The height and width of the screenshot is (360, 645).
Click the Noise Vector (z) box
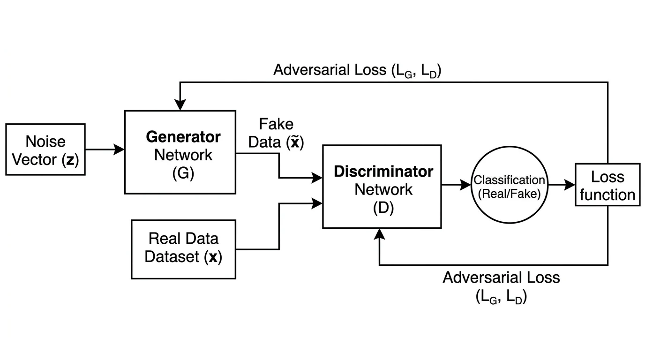pyautogui.click(x=45, y=150)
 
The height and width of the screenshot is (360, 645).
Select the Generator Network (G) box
pyautogui.click(x=180, y=152)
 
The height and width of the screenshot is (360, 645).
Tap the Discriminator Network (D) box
pyautogui.click(x=382, y=187)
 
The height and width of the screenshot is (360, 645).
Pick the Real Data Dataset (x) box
pyautogui.click(x=183, y=249)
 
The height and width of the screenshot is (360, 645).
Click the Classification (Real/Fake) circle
pyautogui.click(x=510, y=185)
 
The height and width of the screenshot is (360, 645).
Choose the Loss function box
pyautogui.click(x=607, y=185)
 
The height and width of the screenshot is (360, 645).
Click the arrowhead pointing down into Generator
pyautogui.click(x=180, y=105)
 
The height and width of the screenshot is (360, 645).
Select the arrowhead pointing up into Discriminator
pyautogui.click(x=379, y=233)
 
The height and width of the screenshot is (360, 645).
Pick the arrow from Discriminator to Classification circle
pyautogui.click(x=456, y=185)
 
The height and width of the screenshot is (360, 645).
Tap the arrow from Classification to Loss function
pyautogui.click(x=562, y=185)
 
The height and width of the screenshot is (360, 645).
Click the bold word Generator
pyautogui.click(x=183, y=137)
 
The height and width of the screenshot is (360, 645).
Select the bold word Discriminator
pyautogui.click(x=383, y=172)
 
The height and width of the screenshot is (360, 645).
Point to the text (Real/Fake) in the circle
pyautogui.click(x=510, y=193)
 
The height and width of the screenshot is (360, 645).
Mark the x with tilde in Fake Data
pyautogui.click(x=295, y=142)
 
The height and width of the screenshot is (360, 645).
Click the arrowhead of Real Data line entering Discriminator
pyautogui.click(x=318, y=203)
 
